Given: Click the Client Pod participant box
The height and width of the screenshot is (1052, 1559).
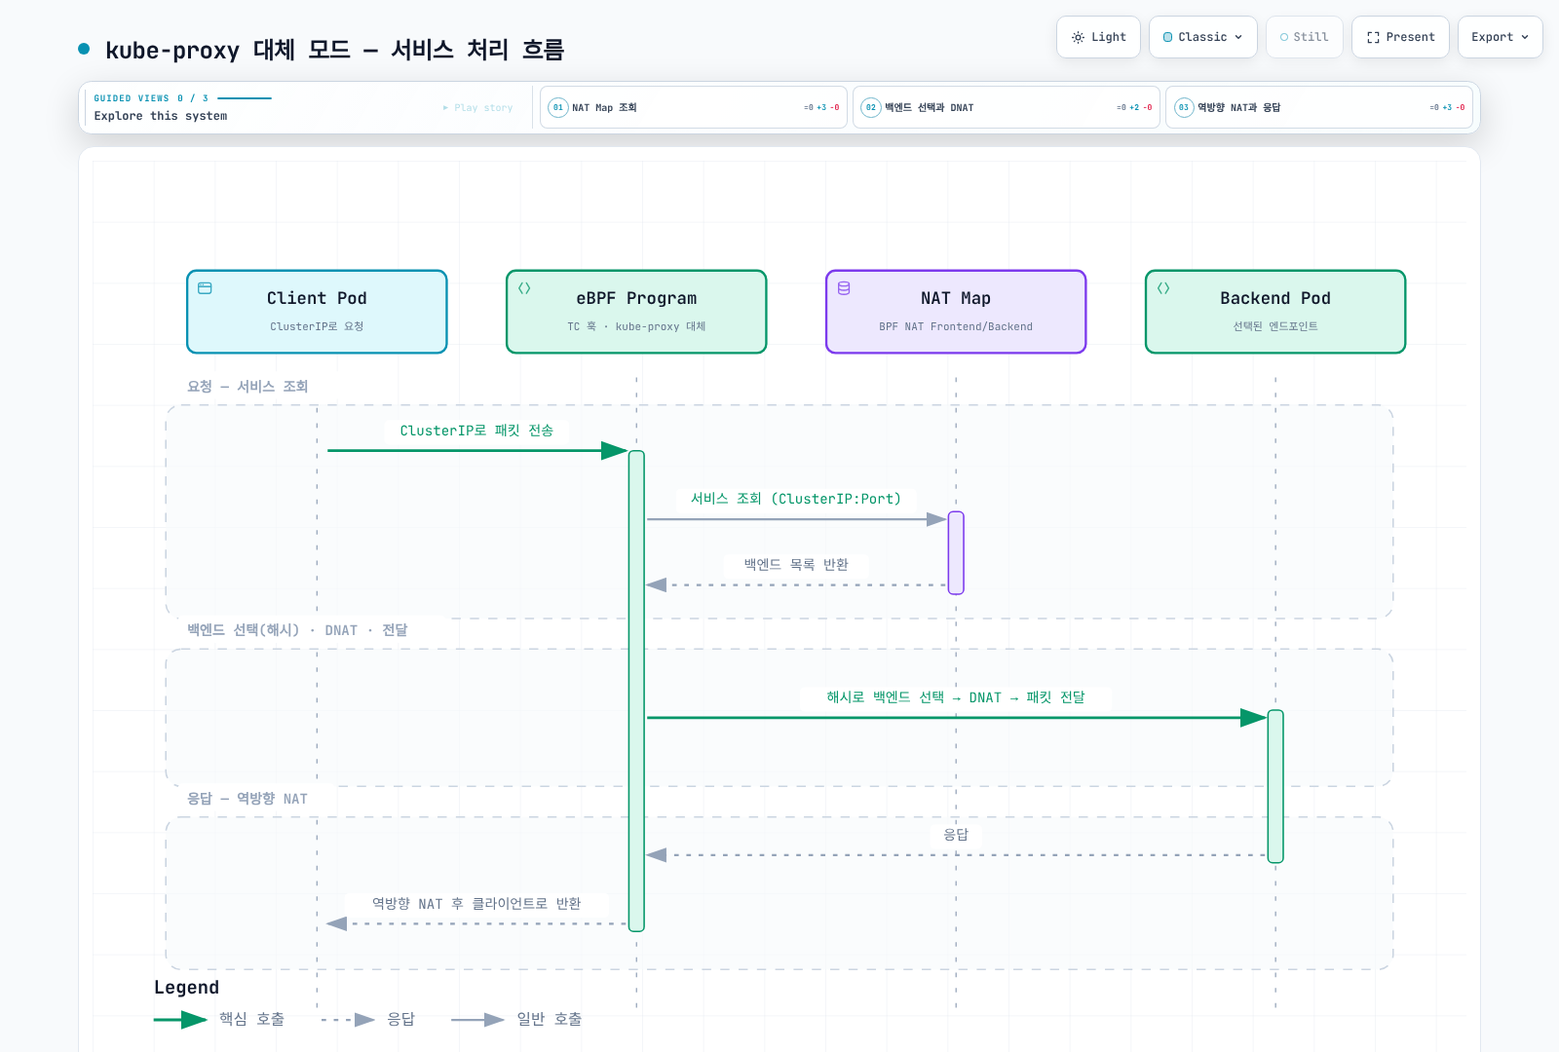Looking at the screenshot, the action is (317, 312).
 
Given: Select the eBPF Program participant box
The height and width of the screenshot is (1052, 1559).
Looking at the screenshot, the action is (636, 312).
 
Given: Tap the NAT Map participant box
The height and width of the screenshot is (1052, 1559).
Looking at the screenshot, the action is (956, 312).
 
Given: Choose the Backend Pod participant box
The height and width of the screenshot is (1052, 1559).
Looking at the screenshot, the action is (1275, 312).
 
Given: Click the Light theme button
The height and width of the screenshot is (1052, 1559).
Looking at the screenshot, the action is (1098, 37).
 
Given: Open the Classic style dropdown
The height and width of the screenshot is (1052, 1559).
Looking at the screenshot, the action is (1202, 37).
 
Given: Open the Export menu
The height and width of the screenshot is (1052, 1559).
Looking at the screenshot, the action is (1500, 37).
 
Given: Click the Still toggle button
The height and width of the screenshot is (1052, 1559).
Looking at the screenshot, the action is (1305, 37).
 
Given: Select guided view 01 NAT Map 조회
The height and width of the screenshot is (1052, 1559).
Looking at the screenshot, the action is (693, 107).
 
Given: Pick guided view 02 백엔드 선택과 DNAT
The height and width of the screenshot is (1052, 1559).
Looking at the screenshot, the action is (1006, 107).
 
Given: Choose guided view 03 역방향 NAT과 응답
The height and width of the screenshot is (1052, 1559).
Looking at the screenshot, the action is (1319, 107).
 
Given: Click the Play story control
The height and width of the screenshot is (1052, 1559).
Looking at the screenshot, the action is (477, 108).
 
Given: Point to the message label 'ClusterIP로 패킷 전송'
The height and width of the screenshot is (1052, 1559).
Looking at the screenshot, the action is (476, 431).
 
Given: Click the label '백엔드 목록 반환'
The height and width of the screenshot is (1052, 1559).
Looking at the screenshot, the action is (796, 564).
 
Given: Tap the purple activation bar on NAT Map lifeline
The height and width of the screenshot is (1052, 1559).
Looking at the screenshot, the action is (956, 552).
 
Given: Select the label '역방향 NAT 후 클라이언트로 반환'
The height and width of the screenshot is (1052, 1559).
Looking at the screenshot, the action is (476, 903).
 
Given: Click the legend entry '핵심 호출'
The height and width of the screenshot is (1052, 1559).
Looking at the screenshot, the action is (219, 1019).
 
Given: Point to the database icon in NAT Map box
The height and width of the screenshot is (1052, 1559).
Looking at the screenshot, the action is (844, 288).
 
